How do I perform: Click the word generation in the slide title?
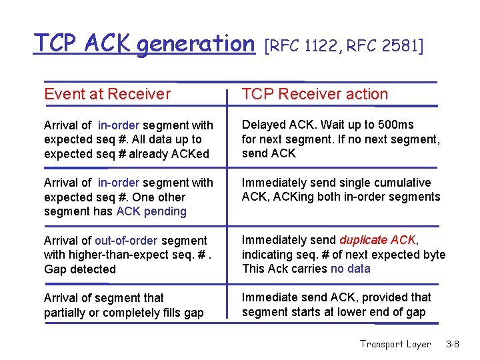[x=196, y=43]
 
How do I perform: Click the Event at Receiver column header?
[x=107, y=94]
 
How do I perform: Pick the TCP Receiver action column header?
[x=315, y=94]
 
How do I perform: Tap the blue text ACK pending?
[x=151, y=211]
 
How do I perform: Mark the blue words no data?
[x=350, y=269]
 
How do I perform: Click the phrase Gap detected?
[x=80, y=269]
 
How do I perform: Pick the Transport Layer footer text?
[x=395, y=344]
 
